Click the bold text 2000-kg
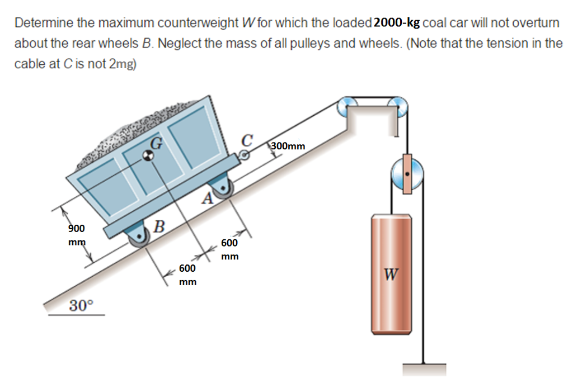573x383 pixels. coord(397,23)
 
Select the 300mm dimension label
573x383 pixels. coord(289,146)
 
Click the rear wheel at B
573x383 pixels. coord(137,238)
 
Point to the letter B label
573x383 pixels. coord(159,226)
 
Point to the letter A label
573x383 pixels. coord(208,197)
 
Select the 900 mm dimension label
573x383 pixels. coord(77,235)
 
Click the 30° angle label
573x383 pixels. coord(82,305)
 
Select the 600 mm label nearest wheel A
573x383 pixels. coord(229,249)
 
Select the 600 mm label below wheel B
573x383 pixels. coord(187,275)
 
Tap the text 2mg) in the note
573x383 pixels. coord(122,64)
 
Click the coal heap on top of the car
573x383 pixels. coord(140,129)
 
